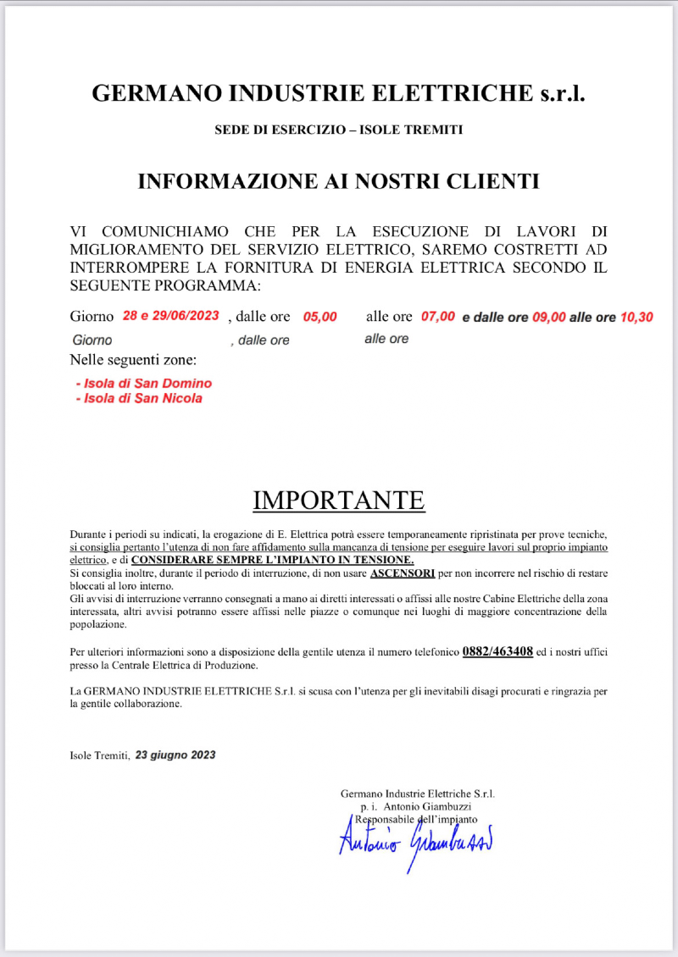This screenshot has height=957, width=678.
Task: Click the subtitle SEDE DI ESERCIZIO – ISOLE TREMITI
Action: coord(338,130)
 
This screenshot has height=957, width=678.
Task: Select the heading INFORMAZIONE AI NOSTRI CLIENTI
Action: coord(338,180)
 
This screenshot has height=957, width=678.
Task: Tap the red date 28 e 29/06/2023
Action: coord(170,316)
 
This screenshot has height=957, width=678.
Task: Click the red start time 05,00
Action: coord(320,317)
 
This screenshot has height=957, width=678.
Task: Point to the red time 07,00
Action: coord(438,317)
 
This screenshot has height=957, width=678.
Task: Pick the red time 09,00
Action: coord(548,317)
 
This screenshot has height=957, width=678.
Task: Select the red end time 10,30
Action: coord(636,317)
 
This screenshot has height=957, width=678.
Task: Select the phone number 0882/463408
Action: coord(497,652)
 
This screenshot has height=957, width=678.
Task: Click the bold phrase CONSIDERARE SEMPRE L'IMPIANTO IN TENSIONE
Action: coord(273,561)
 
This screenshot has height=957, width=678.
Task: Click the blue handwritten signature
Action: coord(415,840)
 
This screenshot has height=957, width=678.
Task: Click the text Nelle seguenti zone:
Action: coord(133,361)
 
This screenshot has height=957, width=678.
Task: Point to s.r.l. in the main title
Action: coord(562,92)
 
